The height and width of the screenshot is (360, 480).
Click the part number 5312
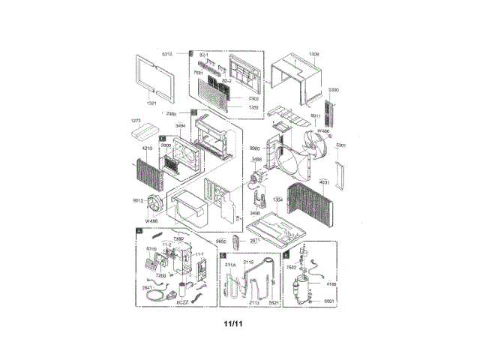click(167, 55)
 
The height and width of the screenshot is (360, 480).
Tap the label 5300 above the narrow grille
click(333, 90)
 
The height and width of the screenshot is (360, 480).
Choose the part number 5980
click(256, 148)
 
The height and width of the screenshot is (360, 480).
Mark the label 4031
click(324, 181)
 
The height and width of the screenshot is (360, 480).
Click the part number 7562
click(292, 268)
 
